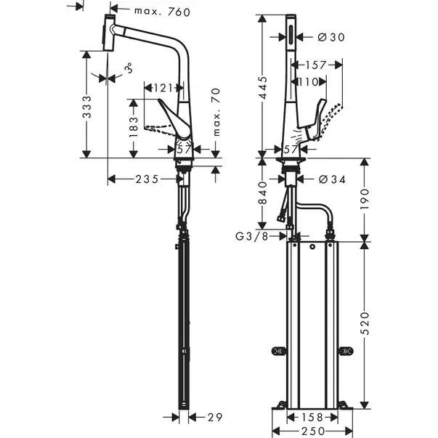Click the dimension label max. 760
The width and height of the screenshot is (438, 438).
pos(162,12)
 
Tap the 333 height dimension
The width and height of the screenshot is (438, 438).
pos(87,107)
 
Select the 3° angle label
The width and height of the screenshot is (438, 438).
pos(129,68)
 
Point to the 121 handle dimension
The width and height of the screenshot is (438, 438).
pos(163,89)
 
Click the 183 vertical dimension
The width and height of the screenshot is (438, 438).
pos(134,127)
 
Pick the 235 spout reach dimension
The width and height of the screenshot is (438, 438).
pos(147,179)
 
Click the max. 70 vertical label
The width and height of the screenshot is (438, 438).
pos(216,113)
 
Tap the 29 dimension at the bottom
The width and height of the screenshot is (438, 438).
pos(215,418)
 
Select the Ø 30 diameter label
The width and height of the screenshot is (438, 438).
pos(331,37)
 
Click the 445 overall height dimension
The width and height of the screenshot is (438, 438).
pos(262,88)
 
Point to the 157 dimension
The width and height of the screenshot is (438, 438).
pos(315,65)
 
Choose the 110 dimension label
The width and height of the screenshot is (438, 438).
pos(309,82)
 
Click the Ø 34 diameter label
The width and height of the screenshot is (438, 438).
pos(332,179)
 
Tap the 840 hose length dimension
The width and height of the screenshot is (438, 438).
pos(262,192)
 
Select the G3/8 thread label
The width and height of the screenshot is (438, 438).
pos(251,236)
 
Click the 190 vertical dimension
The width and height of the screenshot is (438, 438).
pos(365,199)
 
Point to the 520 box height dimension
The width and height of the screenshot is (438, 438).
pos(365,323)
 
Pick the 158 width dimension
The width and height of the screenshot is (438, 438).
pos(312,418)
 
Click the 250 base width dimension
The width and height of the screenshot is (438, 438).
pos(313,431)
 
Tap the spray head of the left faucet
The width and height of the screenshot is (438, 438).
pos(109,33)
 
